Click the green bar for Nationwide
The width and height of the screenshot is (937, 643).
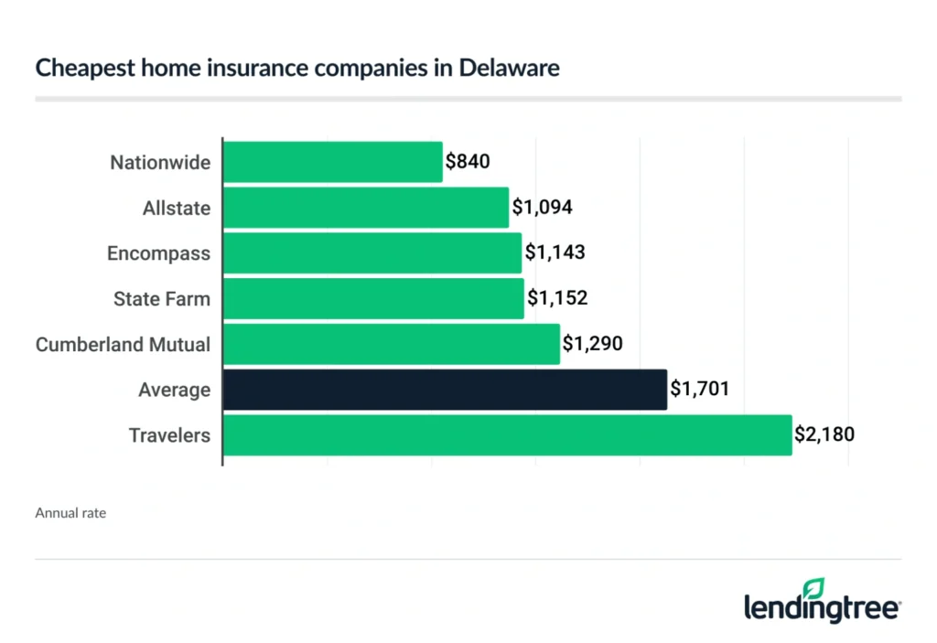(333, 162)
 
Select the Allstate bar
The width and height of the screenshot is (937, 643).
(366, 208)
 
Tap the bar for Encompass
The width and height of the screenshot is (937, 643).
(372, 253)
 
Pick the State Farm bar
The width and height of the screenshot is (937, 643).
(373, 298)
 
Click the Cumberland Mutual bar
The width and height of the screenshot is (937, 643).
(392, 344)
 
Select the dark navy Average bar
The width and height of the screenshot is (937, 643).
(445, 390)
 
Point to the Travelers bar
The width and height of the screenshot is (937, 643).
(507, 434)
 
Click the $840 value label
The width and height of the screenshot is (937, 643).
(468, 162)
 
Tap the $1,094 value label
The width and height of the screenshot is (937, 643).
(543, 208)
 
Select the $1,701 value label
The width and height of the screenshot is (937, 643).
(700, 390)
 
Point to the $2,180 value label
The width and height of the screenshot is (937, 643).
(825, 434)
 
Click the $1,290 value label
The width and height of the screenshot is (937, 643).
(593, 344)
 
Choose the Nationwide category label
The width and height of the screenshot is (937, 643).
(160, 163)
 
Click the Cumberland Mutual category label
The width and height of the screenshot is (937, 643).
(123, 345)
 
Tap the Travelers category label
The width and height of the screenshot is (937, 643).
(170, 435)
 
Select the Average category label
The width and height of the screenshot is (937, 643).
(174, 391)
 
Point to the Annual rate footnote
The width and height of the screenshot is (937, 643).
(70, 513)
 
